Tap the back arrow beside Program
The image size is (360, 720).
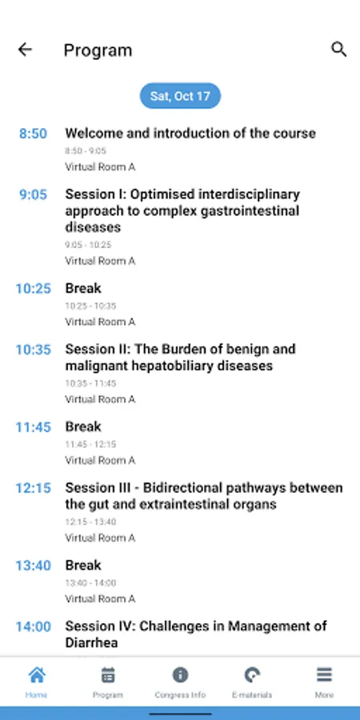pos(25,50)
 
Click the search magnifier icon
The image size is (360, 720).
pos(339,49)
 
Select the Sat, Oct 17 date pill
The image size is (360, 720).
pos(180,96)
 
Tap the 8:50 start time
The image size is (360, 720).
pos(33,134)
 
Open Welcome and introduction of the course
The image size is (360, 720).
pos(190,133)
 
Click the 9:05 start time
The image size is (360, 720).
pos(33,194)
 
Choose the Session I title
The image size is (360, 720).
pos(182,210)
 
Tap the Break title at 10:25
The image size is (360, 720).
pos(83,288)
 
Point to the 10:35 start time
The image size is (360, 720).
pos(33,350)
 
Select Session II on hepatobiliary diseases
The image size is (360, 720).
pos(181,358)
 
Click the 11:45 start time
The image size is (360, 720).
pos(33,427)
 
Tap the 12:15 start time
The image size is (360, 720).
pos(33,488)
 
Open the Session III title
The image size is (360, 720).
pos(204,496)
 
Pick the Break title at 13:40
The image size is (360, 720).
pos(83,566)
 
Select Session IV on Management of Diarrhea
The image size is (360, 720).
pos(196,634)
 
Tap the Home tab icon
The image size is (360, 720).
pos(37,675)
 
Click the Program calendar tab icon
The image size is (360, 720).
pos(108,675)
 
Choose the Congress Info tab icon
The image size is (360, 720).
pos(180,675)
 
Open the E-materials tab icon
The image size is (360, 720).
pos(252,675)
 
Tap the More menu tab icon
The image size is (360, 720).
pos(324,675)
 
